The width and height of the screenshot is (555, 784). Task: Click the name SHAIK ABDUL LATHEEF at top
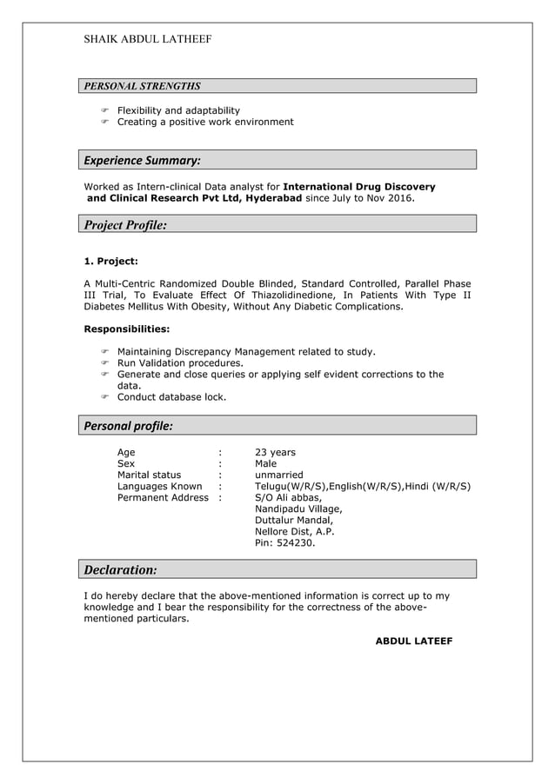147,39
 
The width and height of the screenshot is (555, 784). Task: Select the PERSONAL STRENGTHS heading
142,86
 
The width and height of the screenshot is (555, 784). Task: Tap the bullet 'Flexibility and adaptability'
178,110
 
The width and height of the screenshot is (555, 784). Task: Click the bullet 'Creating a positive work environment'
205,122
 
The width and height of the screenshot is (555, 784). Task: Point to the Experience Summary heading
142,160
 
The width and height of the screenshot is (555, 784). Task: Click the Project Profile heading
125,225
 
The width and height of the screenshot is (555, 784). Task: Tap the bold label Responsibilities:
126,329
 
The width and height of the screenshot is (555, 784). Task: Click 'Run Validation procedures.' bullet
180,363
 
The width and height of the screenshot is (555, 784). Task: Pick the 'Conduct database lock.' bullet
171,397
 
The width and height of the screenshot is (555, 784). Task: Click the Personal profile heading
128,426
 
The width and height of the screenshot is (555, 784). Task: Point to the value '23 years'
275,453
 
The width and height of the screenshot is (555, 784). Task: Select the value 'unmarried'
278,475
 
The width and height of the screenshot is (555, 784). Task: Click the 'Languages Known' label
159,487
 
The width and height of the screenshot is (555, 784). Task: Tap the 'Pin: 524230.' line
284,543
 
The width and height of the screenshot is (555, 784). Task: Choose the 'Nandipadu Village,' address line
298,509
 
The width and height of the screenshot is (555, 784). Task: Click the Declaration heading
120,570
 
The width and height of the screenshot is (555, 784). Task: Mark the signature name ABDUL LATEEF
413,641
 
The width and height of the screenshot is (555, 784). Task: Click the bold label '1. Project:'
110,261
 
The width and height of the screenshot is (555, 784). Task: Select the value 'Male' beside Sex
265,464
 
